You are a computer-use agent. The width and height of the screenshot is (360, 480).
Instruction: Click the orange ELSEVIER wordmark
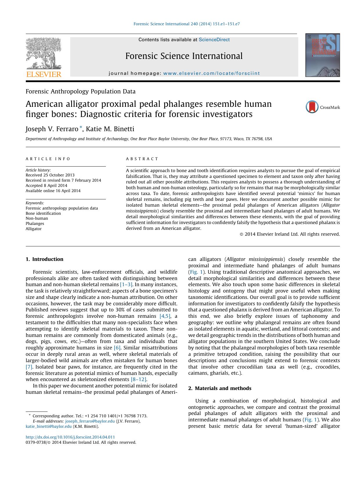click(x=44, y=75)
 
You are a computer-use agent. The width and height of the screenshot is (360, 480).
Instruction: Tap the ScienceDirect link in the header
click(x=214, y=40)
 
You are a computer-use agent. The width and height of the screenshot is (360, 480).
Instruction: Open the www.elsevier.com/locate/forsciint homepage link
click(x=211, y=73)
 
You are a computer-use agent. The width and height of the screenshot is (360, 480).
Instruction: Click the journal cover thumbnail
click(x=322, y=55)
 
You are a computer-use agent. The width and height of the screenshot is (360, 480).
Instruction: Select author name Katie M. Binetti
click(x=109, y=129)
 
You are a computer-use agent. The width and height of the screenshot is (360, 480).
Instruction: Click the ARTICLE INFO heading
click(x=48, y=159)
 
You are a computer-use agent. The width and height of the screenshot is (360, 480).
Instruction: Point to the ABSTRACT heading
click(x=142, y=159)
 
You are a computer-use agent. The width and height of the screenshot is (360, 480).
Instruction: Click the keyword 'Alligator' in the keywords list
click(x=34, y=229)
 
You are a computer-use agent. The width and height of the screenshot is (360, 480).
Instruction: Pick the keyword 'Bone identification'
click(x=43, y=213)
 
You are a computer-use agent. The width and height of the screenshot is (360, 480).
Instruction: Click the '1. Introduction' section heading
click(x=44, y=259)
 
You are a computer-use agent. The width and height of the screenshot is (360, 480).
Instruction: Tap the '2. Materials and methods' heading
click(x=220, y=388)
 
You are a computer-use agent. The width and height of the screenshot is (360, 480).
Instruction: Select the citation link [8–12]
click(x=139, y=379)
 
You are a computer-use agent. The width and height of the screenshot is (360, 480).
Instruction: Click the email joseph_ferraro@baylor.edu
click(x=90, y=421)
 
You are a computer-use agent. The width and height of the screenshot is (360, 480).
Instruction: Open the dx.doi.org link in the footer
click(x=70, y=437)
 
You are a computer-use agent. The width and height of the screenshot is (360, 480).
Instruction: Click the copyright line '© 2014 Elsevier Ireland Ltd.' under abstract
click(x=290, y=234)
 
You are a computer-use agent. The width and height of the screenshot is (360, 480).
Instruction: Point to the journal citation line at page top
click(x=187, y=24)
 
